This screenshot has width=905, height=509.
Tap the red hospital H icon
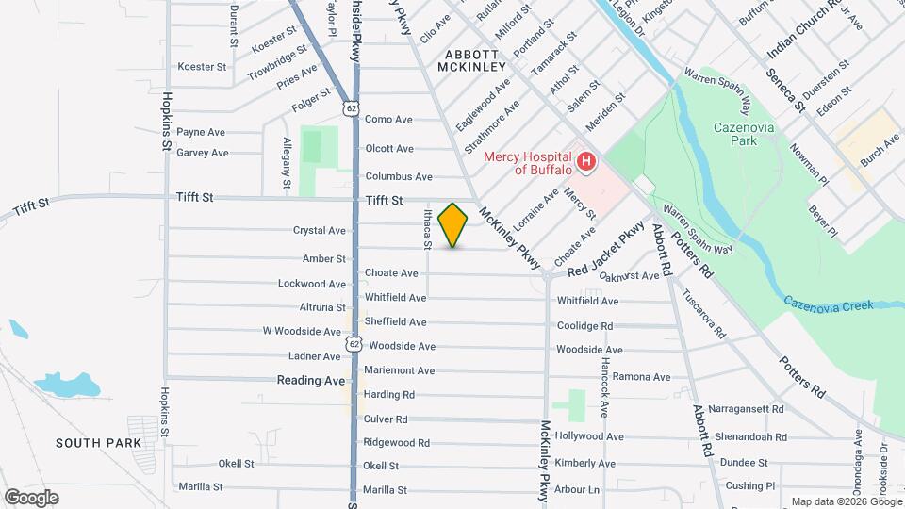(x=585, y=163)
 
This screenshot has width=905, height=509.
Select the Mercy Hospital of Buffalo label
(x=528, y=163)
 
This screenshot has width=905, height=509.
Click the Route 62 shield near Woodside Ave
(x=354, y=344)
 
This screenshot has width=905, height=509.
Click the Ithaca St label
(x=427, y=229)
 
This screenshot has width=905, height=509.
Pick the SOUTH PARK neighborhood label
(x=98, y=442)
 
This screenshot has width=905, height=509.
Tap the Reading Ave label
(x=311, y=381)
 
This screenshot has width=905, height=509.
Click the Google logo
(x=31, y=498)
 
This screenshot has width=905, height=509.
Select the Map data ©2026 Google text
(x=846, y=501)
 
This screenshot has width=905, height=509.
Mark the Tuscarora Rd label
(x=704, y=314)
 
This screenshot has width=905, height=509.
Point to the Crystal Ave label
(x=320, y=230)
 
